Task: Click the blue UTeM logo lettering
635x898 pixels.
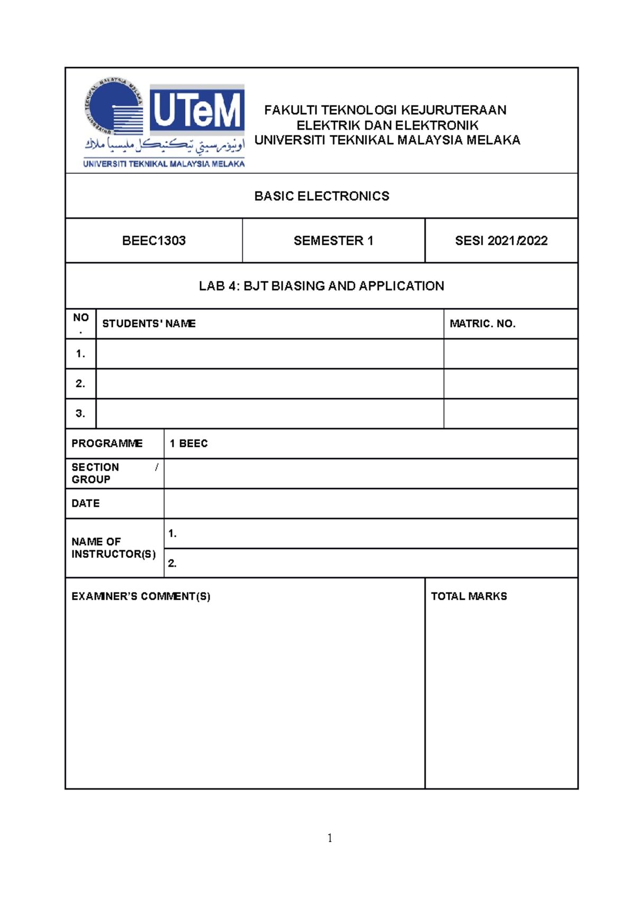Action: click(197, 109)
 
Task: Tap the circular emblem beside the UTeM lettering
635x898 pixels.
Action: click(114, 107)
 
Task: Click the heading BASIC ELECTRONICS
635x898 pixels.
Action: click(321, 196)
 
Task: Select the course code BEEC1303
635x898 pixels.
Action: click(153, 241)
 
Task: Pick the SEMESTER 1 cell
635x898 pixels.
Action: click(333, 241)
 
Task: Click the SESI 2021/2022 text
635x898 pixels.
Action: click(501, 241)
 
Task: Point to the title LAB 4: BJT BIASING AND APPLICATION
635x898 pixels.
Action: click(321, 286)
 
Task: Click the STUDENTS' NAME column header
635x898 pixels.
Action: click(149, 324)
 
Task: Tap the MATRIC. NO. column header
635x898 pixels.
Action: click(482, 324)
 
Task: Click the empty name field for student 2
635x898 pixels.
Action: click(269, 383)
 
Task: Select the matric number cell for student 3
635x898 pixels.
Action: click(510, 414)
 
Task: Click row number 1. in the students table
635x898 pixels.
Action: click(80, 354)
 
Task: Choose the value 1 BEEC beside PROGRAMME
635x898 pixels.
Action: click(188, 444)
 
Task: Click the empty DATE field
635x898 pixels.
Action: click(370, 503)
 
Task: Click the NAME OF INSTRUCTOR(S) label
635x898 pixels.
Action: click(113, 548)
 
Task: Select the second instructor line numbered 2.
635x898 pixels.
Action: click(370, 563)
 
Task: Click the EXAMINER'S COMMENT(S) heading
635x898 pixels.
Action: click(141, 597)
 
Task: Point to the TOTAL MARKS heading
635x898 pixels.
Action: click(468, 597)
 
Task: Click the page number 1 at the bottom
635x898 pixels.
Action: click(330, 838)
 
